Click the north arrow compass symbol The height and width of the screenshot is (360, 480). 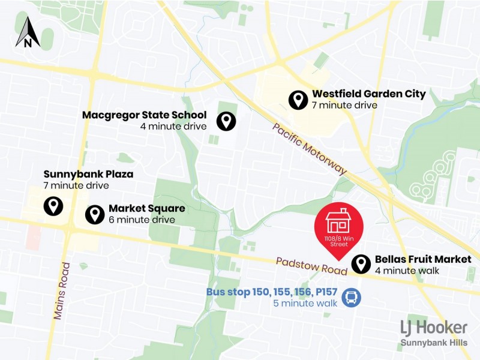coord(28,32)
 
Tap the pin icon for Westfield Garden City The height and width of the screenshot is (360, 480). coord(298,100)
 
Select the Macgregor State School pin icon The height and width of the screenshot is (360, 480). coord(226,121)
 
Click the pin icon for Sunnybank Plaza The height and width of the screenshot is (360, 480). coord(53,206)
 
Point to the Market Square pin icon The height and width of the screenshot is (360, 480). coord(95,214)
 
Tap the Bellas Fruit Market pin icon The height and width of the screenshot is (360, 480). coord(361,264)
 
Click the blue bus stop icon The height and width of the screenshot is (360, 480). coord(352,297)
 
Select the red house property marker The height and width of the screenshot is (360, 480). coord(338,228)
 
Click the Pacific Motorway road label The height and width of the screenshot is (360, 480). coord(310,149)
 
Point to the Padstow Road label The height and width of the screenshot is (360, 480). coord(311,266)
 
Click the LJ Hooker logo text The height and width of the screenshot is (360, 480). coord(434,328)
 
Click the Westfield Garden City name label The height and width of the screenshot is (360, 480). coord(368,94)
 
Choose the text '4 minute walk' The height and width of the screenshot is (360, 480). coord(407,271)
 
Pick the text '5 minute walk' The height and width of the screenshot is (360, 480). coord(305,303)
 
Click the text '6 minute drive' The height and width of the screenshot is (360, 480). coord(142,220)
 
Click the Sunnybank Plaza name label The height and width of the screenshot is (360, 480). coord(88,175)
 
